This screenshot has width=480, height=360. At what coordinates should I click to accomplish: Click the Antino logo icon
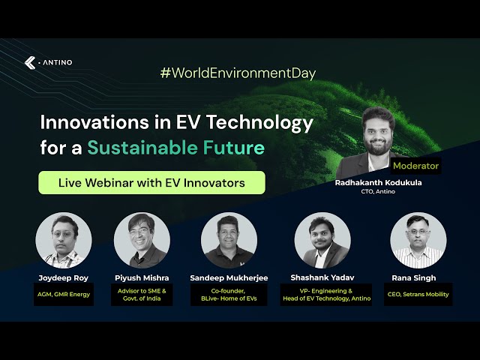pos(30,62)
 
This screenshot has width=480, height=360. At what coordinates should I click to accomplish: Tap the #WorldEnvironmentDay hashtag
pos(238,73)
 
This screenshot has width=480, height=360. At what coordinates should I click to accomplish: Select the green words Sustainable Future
pos(175,147)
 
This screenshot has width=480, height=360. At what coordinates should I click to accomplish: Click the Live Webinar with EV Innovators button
pos(151,182)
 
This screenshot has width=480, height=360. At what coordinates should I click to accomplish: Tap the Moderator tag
pos(415,166)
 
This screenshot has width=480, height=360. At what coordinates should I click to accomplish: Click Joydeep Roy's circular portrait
pos(64,241)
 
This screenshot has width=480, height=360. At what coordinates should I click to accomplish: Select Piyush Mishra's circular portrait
pos(142,241)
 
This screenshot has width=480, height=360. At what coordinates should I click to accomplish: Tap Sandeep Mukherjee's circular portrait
pos(229,241)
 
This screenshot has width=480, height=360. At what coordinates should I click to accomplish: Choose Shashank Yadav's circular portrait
pos(322,241)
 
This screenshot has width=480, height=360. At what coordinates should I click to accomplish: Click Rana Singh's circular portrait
pos(418,241)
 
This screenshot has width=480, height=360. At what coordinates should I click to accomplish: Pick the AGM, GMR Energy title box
pos(64,294)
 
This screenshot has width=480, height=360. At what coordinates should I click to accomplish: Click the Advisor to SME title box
pos(142,294)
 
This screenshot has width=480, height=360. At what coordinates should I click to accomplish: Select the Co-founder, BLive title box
pos(229,294)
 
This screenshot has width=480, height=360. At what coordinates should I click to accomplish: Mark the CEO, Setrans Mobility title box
pos(418,294)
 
